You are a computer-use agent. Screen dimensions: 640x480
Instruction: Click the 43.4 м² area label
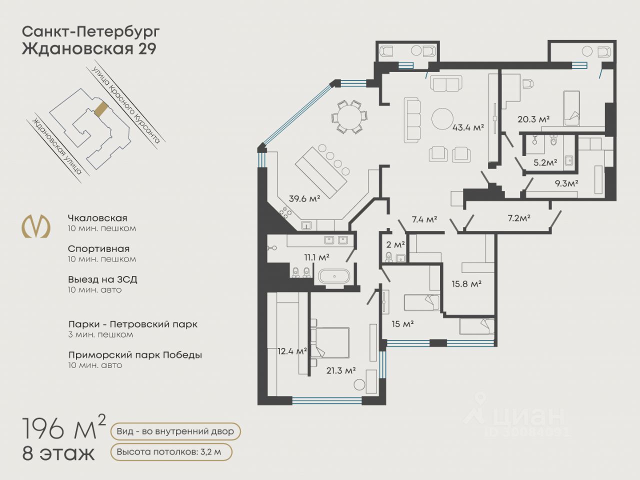click(x=468, y=127)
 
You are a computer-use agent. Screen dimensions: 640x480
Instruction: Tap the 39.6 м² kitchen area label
click(x=304, y=199)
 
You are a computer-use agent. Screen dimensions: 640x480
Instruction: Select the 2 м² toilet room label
click(x=395, y=244)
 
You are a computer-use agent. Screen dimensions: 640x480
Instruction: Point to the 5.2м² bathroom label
click(x=545, y=162)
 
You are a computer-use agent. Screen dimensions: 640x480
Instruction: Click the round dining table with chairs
click(x=349, y=116)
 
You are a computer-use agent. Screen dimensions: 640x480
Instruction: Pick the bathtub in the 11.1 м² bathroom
click(x=334, y=276)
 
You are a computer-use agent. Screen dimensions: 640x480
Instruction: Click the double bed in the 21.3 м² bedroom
click(x=330, y=342)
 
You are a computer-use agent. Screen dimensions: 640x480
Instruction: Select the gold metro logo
click(x=36, y=226)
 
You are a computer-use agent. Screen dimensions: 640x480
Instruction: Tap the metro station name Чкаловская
click(x=97, y=218)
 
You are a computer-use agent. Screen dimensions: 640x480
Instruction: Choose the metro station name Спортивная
click(x=98, y=249)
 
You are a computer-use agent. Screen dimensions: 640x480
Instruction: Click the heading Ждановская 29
click(x=89, y=48)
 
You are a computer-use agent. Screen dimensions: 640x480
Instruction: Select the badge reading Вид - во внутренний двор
click(x=175, y=431)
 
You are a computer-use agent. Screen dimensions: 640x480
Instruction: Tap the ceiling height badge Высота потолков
click(x=171, y=452)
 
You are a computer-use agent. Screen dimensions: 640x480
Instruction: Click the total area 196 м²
click(x=64, y=427)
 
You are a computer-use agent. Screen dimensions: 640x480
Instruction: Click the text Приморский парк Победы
click(x=135, y=355)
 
